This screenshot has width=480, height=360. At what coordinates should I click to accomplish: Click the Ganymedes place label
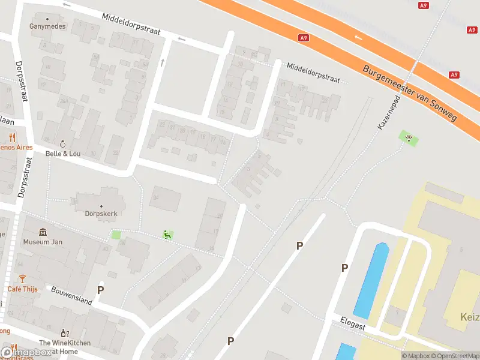[47, 26]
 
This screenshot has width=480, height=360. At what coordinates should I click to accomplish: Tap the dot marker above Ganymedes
[47, 19]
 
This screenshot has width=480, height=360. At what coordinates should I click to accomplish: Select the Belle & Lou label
[63, 153]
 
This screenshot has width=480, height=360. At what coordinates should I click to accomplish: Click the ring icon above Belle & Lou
[63, 144]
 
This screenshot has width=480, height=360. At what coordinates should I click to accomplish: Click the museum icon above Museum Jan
[43, 232]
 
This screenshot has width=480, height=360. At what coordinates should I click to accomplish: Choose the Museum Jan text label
[43, 242]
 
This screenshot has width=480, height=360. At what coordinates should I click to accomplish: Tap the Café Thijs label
[22, 289]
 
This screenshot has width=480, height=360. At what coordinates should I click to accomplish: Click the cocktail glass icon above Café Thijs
[22, 279]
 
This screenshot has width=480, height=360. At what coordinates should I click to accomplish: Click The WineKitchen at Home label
[65, 346]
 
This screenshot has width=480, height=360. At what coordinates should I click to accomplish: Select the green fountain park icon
[409, 139]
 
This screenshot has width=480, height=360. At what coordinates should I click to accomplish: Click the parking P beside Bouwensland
[101, 289]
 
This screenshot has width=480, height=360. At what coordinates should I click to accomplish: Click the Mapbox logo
[26, 353]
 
